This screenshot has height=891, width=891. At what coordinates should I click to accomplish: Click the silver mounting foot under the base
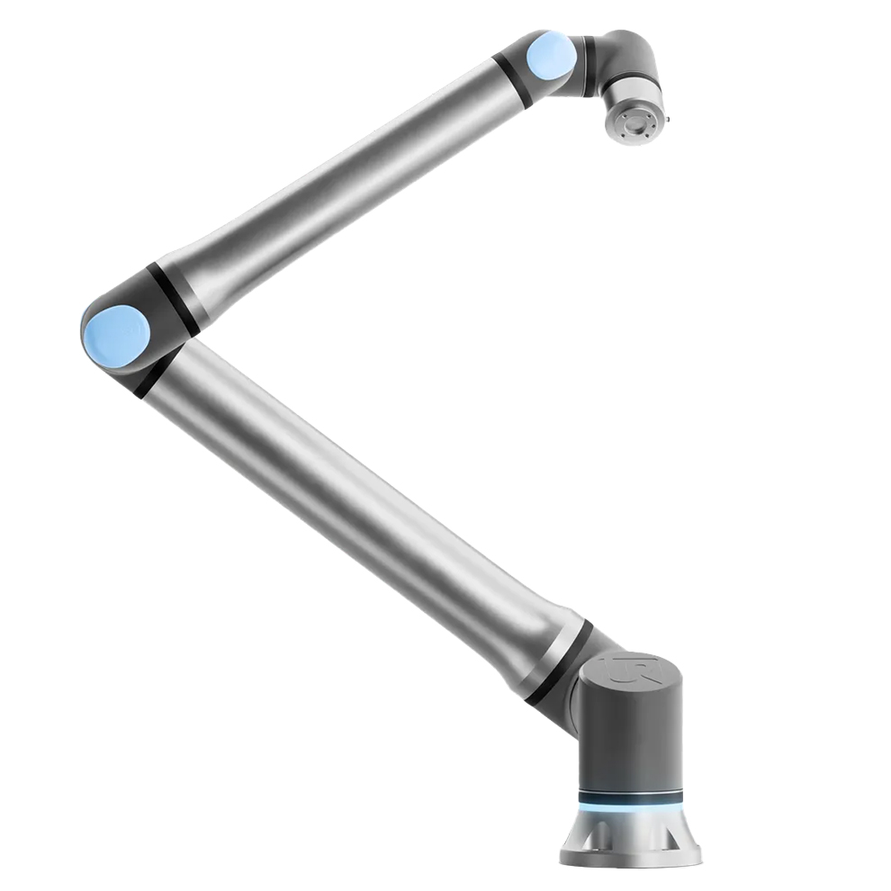(630, 837)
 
